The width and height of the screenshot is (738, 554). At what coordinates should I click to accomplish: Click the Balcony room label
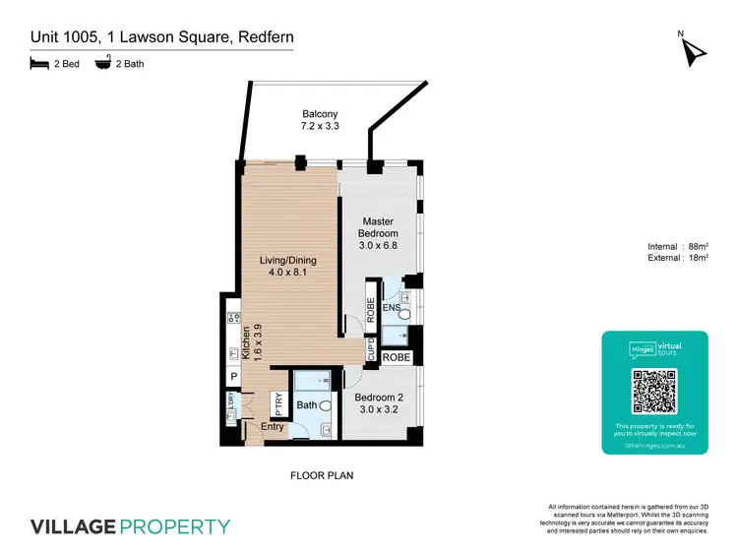[320, 120]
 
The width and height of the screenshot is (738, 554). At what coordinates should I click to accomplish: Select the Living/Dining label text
[287, 268]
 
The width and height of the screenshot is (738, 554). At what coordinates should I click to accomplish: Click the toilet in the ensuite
[403, 313]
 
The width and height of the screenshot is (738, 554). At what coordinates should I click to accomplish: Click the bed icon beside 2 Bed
[39, 66]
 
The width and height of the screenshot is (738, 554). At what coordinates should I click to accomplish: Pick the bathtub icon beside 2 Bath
[101, 66]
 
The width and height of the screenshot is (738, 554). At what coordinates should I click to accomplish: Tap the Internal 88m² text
[679, 246]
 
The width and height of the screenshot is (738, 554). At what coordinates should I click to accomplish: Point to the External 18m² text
[679, 258]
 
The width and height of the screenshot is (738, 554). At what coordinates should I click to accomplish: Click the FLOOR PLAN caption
[322, 475]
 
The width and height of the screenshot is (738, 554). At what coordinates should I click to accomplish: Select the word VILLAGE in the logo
[74, 525]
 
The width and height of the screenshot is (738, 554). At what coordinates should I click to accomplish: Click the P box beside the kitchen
[234, 377]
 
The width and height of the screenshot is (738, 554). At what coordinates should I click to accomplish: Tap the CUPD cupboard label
[371, 350]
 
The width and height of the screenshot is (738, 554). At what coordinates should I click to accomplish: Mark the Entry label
[273, 426]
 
